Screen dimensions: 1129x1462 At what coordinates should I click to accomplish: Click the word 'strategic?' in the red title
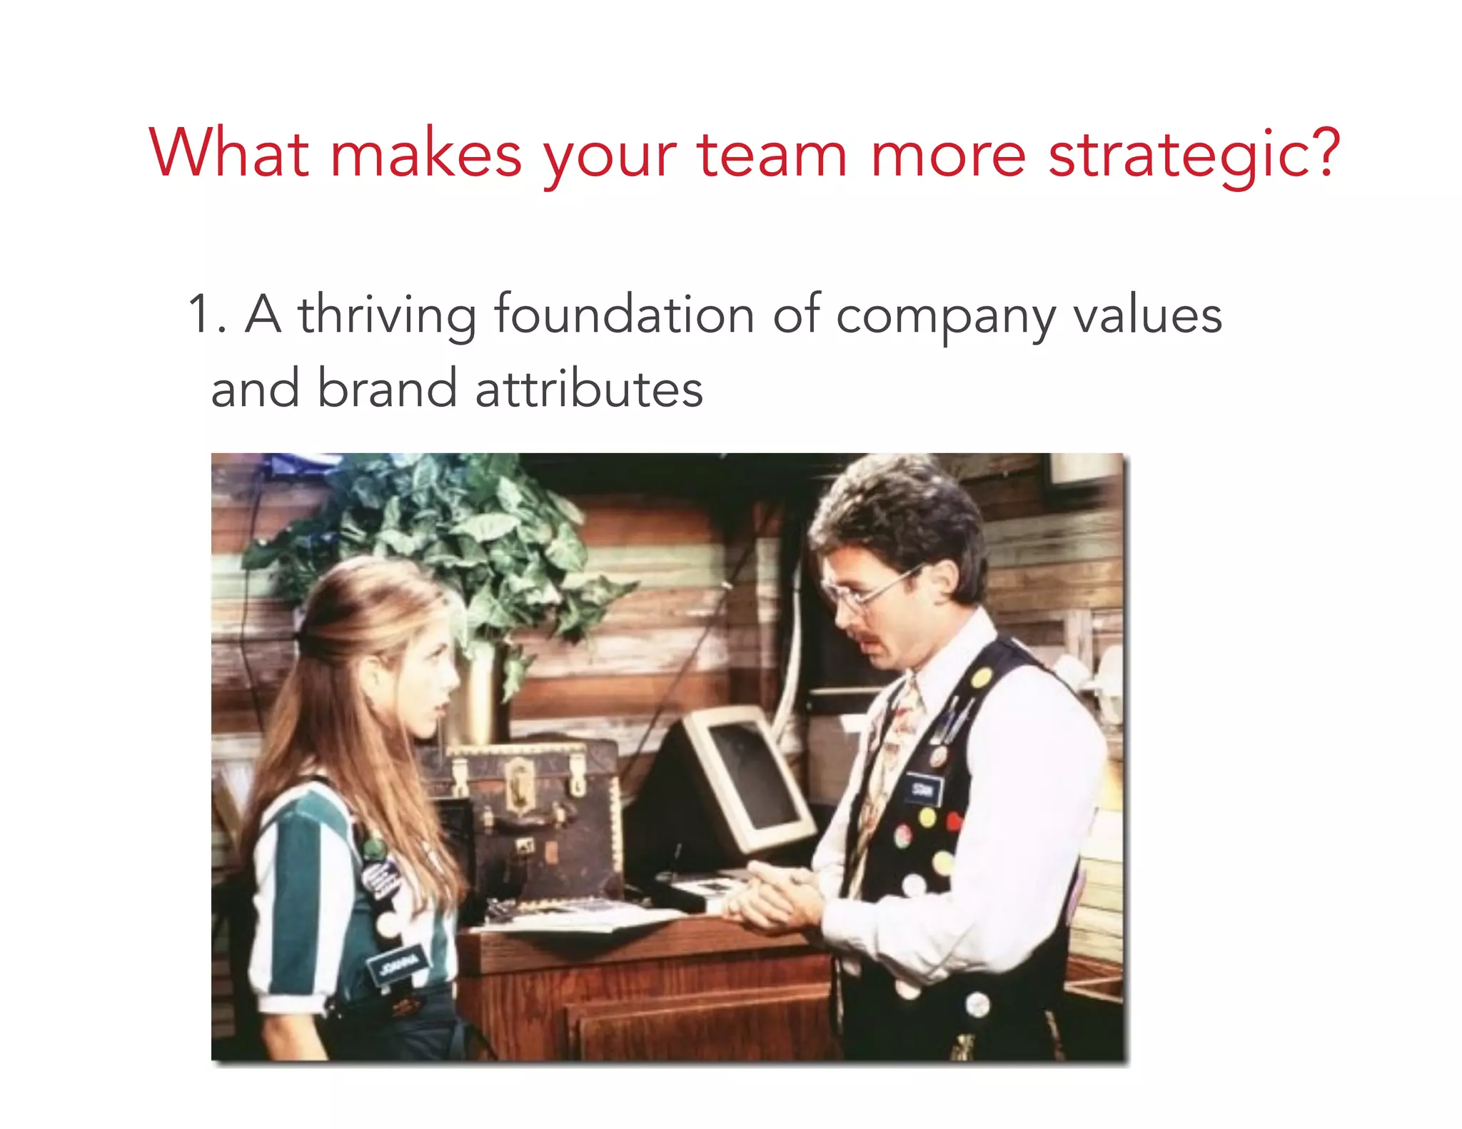point(1194,156)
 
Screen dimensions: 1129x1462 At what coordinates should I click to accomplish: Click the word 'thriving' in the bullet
point(387,315)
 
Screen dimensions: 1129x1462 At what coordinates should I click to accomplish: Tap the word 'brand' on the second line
point(386,389)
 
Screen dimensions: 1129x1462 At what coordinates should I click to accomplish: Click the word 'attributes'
point(589,390)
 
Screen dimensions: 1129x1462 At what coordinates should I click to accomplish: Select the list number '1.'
point(207,315)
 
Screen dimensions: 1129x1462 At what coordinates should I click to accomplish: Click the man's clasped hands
point(771,896)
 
